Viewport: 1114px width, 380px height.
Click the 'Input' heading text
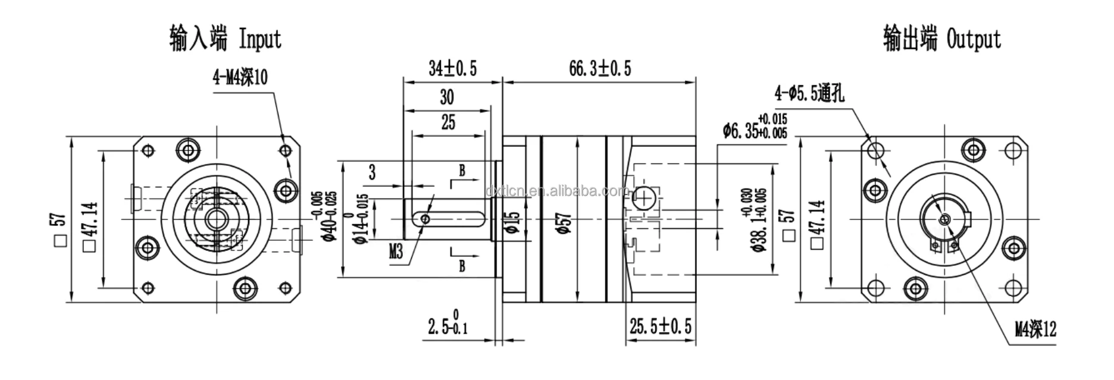[x=259, y=40]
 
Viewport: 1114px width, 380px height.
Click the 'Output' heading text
[x=974, y=40]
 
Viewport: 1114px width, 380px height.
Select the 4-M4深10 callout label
[x=240, y=77]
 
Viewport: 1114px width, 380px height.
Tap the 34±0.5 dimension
[x=452, y=69]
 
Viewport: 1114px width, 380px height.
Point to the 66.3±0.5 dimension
[x=599, y=69]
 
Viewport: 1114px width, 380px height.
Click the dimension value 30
[x=446, y=97]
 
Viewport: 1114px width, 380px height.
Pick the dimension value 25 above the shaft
[x=448, y=123]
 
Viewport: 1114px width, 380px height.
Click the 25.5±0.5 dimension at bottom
[x=661, y=326]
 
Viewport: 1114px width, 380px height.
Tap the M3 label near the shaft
[x=396, y=252]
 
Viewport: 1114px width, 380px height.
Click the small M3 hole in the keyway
[x=425, y=219]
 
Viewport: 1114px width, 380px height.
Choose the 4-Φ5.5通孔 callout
[x=809, y=93]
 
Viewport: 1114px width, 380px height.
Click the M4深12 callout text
[x=1035, y=329]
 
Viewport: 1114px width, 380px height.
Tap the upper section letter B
[x=462, y=172]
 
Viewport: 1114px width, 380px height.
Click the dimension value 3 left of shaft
[x=373, y=173]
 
